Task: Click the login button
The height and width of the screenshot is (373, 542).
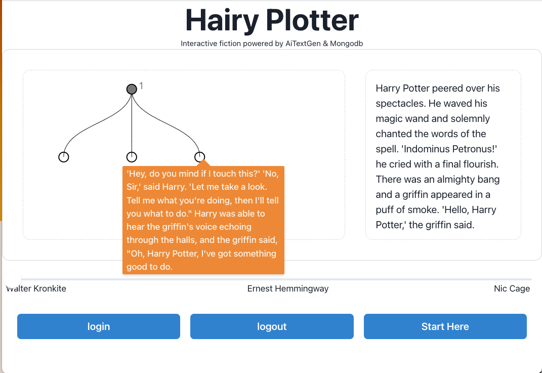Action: click(99, 326)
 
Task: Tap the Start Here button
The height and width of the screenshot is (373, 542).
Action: click(445, 326)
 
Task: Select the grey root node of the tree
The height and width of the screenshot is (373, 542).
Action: click(132, 89)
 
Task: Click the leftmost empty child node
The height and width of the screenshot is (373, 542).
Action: click(63, 157)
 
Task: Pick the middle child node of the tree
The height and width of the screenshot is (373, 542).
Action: click(132, 157)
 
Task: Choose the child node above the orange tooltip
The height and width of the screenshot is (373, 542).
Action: click(200, 157)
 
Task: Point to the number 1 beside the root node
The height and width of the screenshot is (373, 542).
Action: click(141, 86)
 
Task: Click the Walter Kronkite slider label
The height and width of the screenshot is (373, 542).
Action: click(36, 288)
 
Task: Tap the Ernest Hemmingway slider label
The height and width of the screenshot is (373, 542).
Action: click(287, 288)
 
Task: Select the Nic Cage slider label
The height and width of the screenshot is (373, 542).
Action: click(512, 288)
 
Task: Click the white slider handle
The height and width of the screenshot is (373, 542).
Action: click(12, 279)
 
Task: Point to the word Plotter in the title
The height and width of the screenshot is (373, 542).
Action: click(312, 20)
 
